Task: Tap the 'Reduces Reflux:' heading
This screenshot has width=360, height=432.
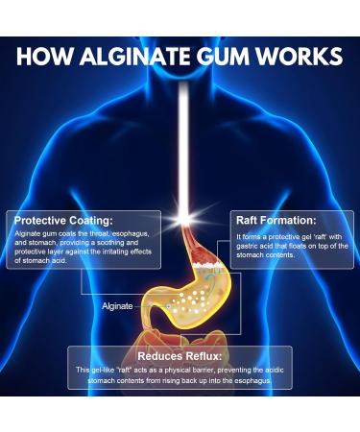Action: pos(180,355)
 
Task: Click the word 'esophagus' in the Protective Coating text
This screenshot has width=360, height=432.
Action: pos(131,233)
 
